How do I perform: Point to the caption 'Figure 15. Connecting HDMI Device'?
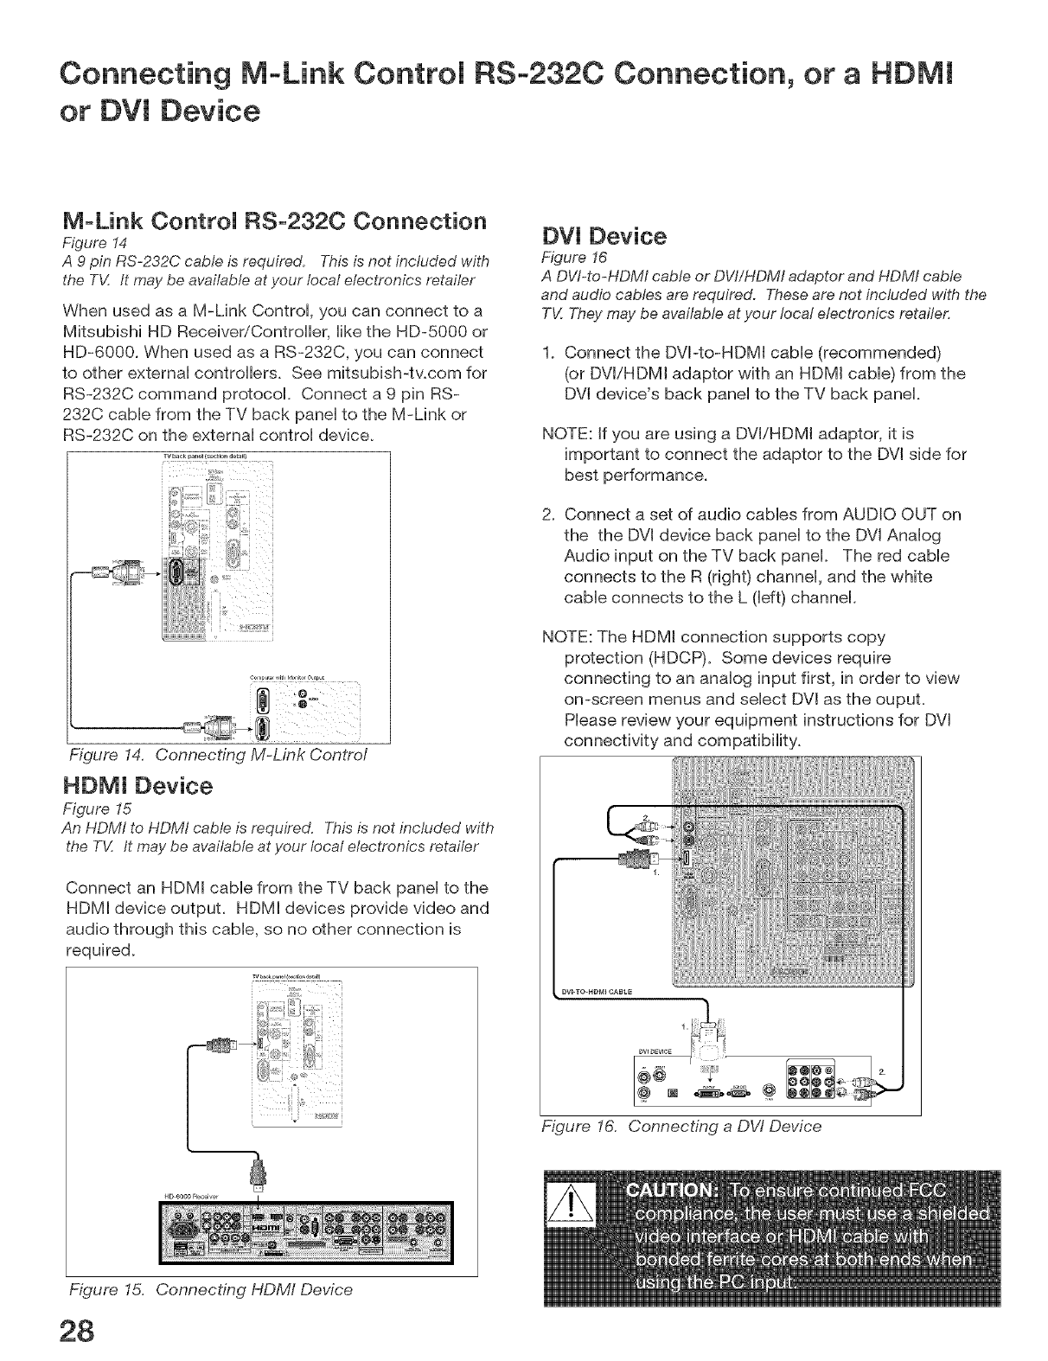click(x=210, y=1290)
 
